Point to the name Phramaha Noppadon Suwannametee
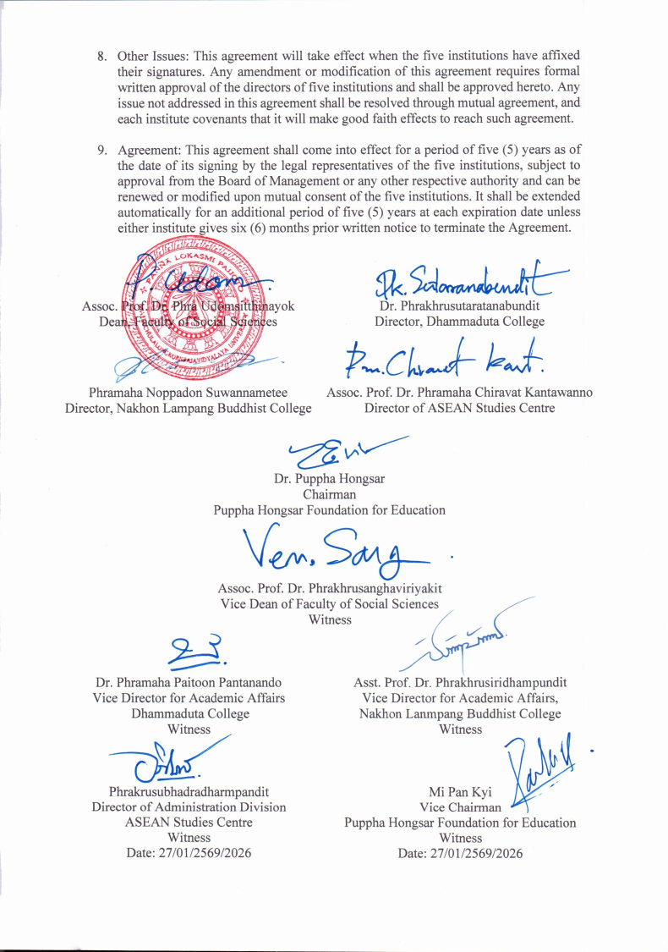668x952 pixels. pyautogui.click(x=188, y=393)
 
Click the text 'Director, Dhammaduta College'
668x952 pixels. pyautogui.click(x=459, y=322)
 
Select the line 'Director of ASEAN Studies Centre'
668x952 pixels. pyautogui.click(x=459, y=408)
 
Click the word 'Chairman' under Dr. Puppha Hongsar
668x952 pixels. pyautogui.click(x=329, y=494)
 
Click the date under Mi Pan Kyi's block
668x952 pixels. pyautogui.click(x=460, y=854)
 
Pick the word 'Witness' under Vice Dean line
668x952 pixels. pyautogui.click(x=329, y=619)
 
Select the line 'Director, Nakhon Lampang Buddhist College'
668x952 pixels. pyautogui.click(x=188, y=408)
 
